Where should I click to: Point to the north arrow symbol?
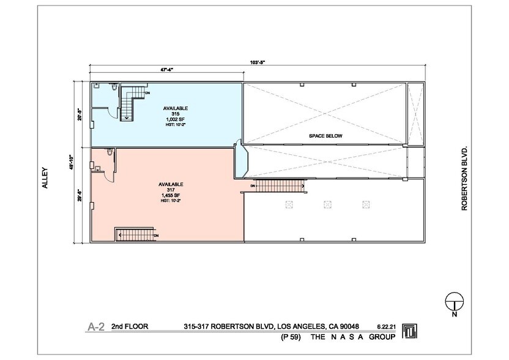453,302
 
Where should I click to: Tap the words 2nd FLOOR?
129,326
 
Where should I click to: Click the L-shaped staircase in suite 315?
132,102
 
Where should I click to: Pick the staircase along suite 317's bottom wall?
135,234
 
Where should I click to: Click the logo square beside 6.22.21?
409,331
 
